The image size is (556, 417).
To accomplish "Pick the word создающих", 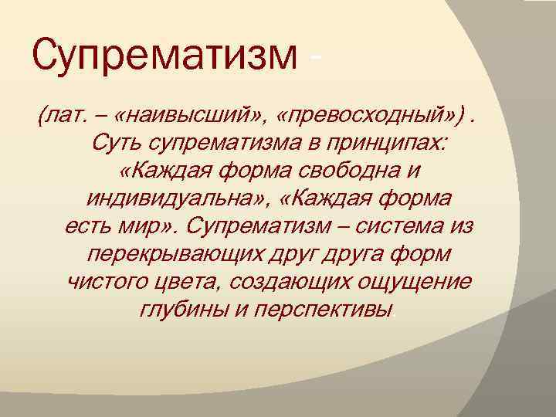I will pyautogui.click(x=293, y=283).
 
